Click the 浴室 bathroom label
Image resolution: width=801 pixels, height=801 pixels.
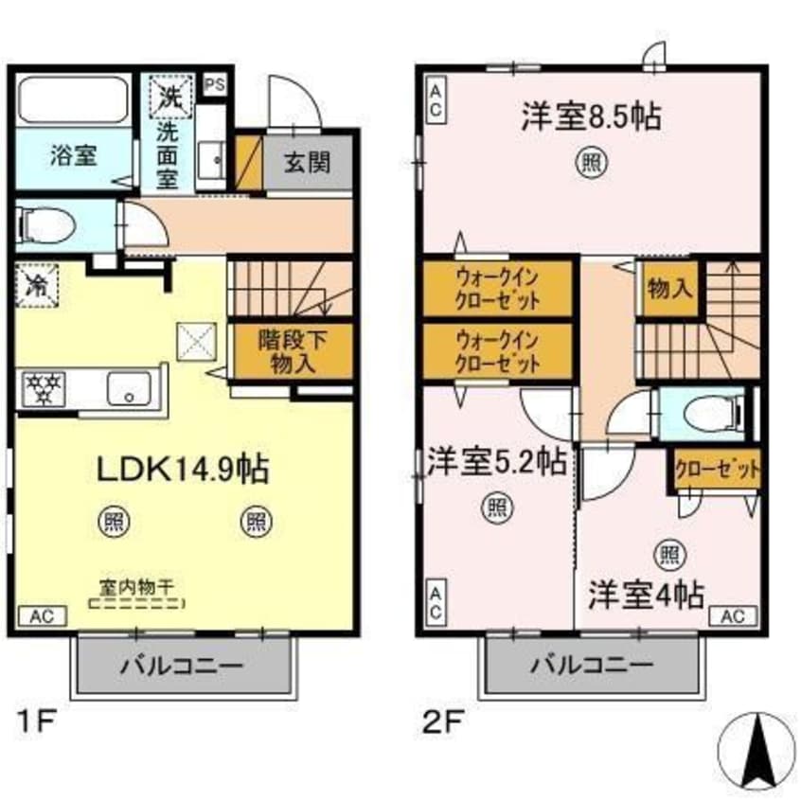(73, 154)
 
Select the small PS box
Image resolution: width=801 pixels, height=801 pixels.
(215, 82)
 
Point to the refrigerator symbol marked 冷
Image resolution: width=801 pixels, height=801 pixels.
(37, 282)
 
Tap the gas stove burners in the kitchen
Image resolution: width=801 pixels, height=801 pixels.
(43, 388)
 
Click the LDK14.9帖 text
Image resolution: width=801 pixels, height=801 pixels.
(183, 468)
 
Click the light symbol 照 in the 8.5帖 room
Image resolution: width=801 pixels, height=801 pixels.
(589, 163)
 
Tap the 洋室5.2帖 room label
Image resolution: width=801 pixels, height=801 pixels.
(495, 463)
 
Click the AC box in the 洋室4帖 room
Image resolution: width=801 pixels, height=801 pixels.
(734, 615)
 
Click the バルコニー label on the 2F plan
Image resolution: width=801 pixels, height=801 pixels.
(591, 666)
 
